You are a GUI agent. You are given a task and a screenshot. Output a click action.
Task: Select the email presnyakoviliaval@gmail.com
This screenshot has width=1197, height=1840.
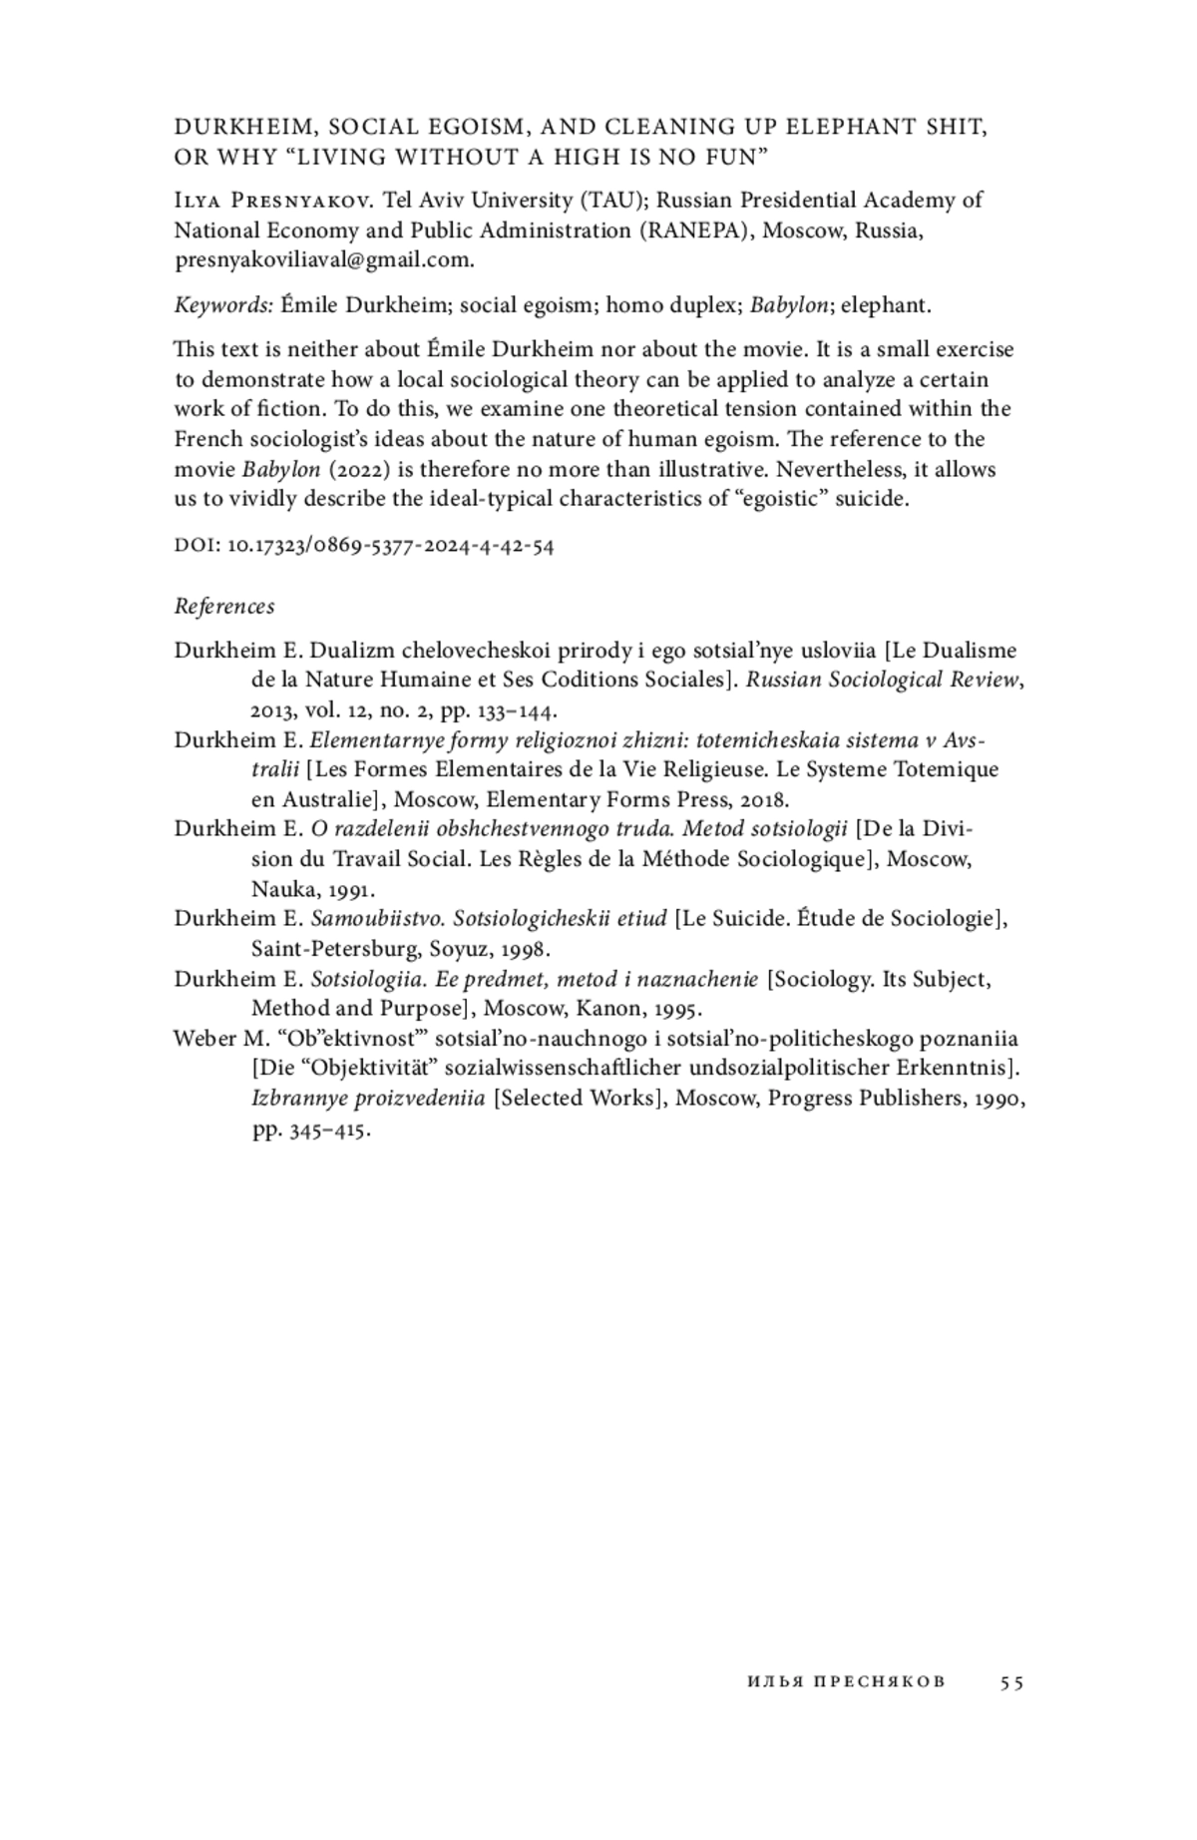point(323,260)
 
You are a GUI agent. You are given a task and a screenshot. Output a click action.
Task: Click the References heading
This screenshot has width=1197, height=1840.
point(224,606)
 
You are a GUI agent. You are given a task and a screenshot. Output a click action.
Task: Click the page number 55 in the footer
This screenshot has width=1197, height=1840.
point(1011,1682)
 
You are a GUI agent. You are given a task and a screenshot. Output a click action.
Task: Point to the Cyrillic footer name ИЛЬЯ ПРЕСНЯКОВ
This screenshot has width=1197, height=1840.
point(845,1682)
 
